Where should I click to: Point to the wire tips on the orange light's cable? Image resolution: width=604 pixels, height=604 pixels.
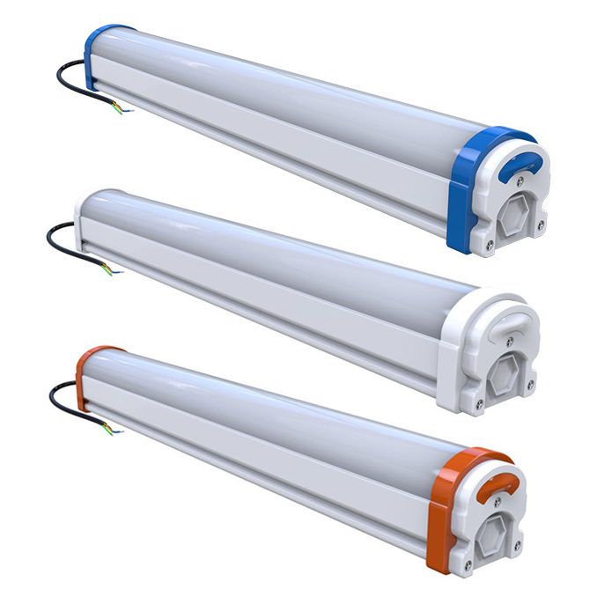pyautogui.click(x=114, y=431)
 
